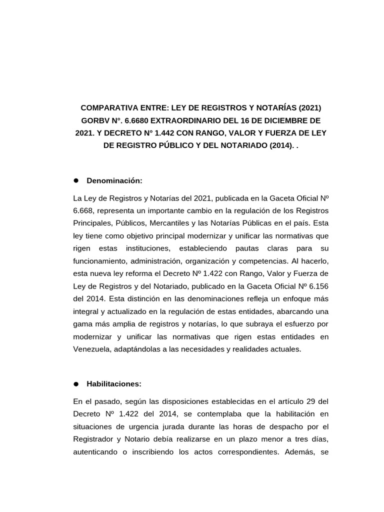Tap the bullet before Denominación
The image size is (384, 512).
(77, 180)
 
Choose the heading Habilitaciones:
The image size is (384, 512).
(114, 384)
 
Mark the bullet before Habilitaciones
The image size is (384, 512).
(76, 384)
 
